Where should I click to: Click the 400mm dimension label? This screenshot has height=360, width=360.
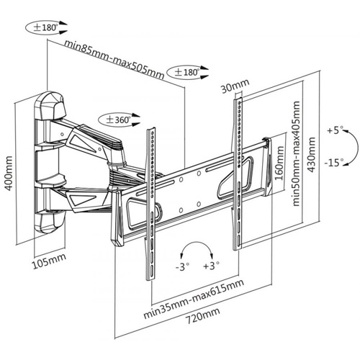point(9,174)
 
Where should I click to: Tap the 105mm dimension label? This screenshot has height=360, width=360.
point(49,261)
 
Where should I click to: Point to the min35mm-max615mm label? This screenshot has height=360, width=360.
point(194,299)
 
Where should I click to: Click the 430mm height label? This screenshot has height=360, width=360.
point(311,155)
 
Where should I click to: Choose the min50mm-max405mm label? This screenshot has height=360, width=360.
point(296,153)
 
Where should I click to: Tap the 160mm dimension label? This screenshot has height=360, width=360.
point(279,163)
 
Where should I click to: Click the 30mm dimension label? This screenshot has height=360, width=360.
point(235,86)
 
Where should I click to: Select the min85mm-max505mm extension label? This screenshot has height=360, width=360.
point(114,60)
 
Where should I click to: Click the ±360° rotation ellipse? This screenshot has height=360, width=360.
point(115,120)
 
